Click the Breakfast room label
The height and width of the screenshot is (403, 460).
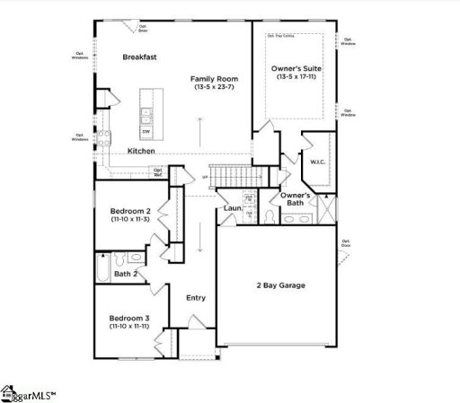140,57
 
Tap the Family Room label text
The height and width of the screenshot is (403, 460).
212,80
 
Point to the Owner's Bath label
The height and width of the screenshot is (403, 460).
296,199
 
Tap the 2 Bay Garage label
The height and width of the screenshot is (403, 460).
279,285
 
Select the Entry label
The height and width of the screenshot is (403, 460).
195,298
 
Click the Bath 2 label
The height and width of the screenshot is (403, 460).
126,274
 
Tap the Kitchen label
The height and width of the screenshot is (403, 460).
141,151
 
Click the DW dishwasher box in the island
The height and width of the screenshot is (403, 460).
146,131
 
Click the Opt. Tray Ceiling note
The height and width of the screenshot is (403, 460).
281,37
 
